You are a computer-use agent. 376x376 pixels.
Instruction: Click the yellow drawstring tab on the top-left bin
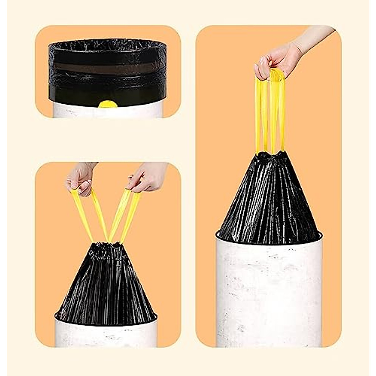[107, 104]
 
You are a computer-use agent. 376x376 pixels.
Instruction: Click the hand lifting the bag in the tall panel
[276, 60]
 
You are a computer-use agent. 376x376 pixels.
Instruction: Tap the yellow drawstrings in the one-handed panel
[270, 113]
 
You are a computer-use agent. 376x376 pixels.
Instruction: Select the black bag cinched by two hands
[106, 282]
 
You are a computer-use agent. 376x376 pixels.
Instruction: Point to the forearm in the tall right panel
[313, 39]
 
